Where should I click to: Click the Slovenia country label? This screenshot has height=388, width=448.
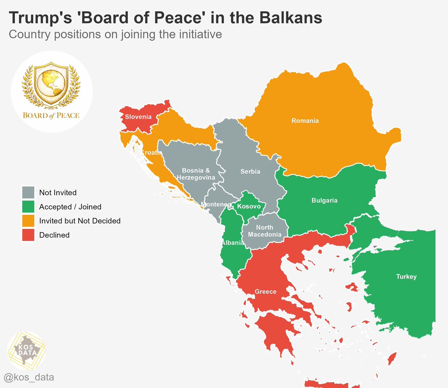click(138, 117)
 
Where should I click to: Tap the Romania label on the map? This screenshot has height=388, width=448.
click(305, 121)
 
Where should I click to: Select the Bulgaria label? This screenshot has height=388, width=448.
click(324, 200)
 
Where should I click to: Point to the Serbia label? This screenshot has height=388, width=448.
click(250, 172)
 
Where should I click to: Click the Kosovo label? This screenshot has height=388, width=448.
click(249, 207)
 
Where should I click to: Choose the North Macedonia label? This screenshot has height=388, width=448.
click(265, 231)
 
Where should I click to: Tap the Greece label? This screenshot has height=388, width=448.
click(265, 292)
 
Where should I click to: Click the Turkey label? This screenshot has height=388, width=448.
click(406, 277)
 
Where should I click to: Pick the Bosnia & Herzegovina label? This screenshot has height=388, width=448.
click(196, 174)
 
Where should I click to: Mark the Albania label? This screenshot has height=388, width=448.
click(232, 243)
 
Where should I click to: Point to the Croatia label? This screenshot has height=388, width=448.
click(151, 153)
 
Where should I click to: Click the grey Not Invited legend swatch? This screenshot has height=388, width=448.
click(28, 193)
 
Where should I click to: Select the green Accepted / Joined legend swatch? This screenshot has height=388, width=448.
click(28, 207)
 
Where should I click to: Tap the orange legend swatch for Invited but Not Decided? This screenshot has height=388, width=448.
click(28, 221)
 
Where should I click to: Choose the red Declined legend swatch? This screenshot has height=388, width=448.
click(28, 235)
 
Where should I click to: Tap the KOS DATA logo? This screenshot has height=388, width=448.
click(27, 350)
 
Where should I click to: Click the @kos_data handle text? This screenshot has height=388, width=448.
click(29, 377)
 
